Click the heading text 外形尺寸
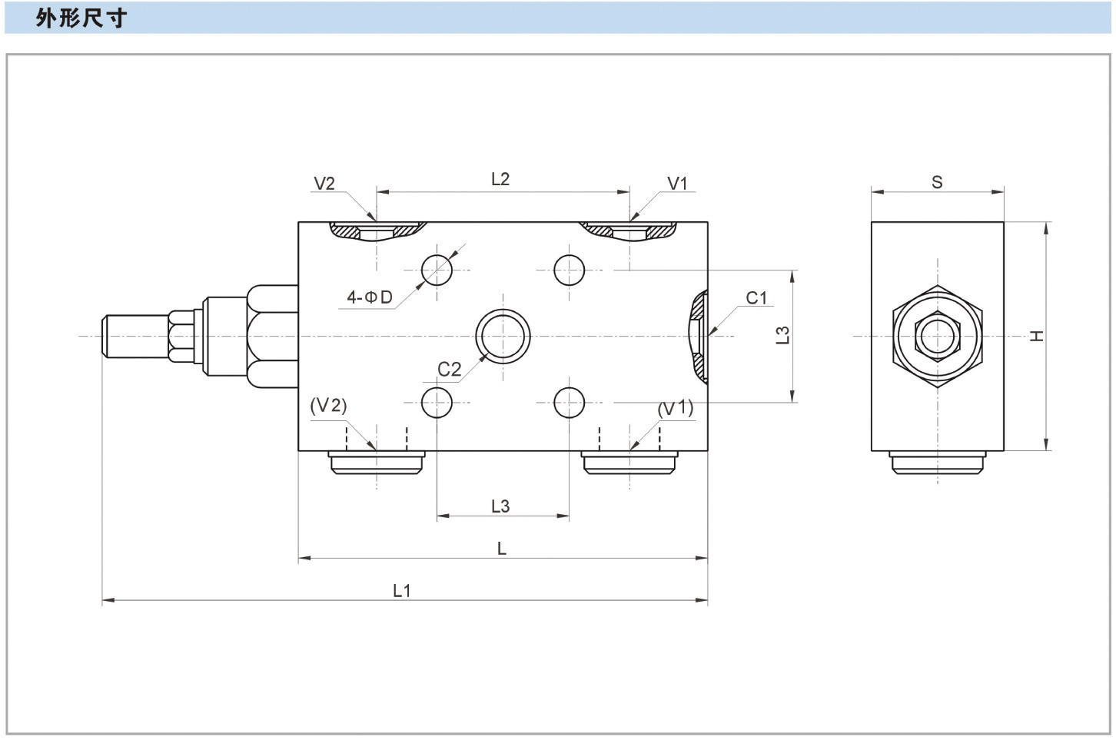[x=81, y=18]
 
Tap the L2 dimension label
[x=500, y=179]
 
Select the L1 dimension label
[x=402, y=590]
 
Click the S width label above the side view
[x=937, y=182]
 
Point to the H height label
[x=1038, y=336]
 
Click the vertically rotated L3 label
[x=783, y=336]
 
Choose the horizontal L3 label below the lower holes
[x=500, y=506]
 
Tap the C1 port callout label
[x=756, y=298]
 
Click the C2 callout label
[x=450, y=370]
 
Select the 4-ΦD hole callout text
[x=370, y=297]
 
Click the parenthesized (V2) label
[x=329, y=406]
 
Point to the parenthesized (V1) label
[x=676, y=408]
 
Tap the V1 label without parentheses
[x=677, y=184]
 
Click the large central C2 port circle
[x=503, y=337]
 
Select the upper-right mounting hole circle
[x=569, y=270]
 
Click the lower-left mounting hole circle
[x=437, y=402]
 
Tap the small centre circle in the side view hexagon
[x=937, y=336]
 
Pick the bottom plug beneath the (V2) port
[x=377, y=463]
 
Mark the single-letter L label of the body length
[x=502, y=548]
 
